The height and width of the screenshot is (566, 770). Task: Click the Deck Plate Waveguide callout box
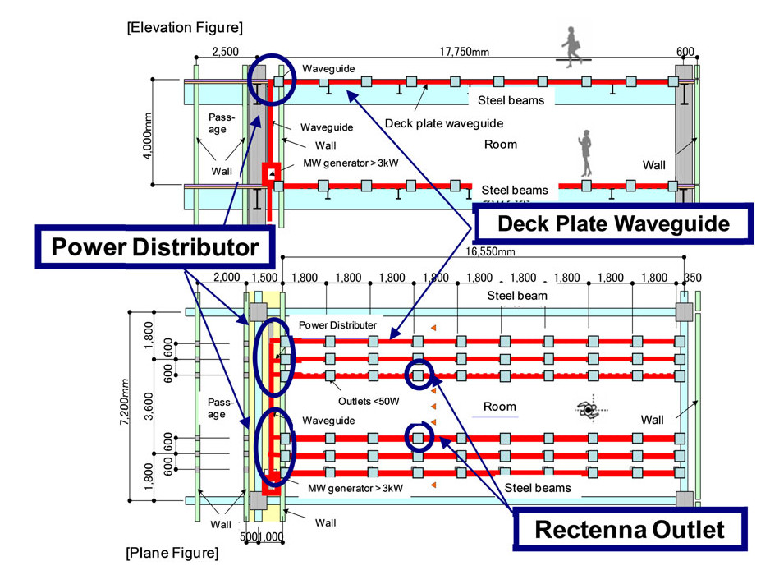tap(612, 223)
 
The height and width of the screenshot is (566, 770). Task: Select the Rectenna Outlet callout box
tap(630, 528)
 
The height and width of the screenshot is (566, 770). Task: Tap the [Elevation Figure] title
tap(185, 28)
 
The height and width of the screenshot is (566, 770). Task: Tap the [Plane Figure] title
tap(172, 552)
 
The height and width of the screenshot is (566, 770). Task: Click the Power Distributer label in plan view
tap(338, 324)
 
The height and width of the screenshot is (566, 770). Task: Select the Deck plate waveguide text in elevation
tap(444, 123)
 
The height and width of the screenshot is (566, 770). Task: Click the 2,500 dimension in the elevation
tap(226, 52)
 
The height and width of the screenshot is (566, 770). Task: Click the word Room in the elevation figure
tap(500, 144)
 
